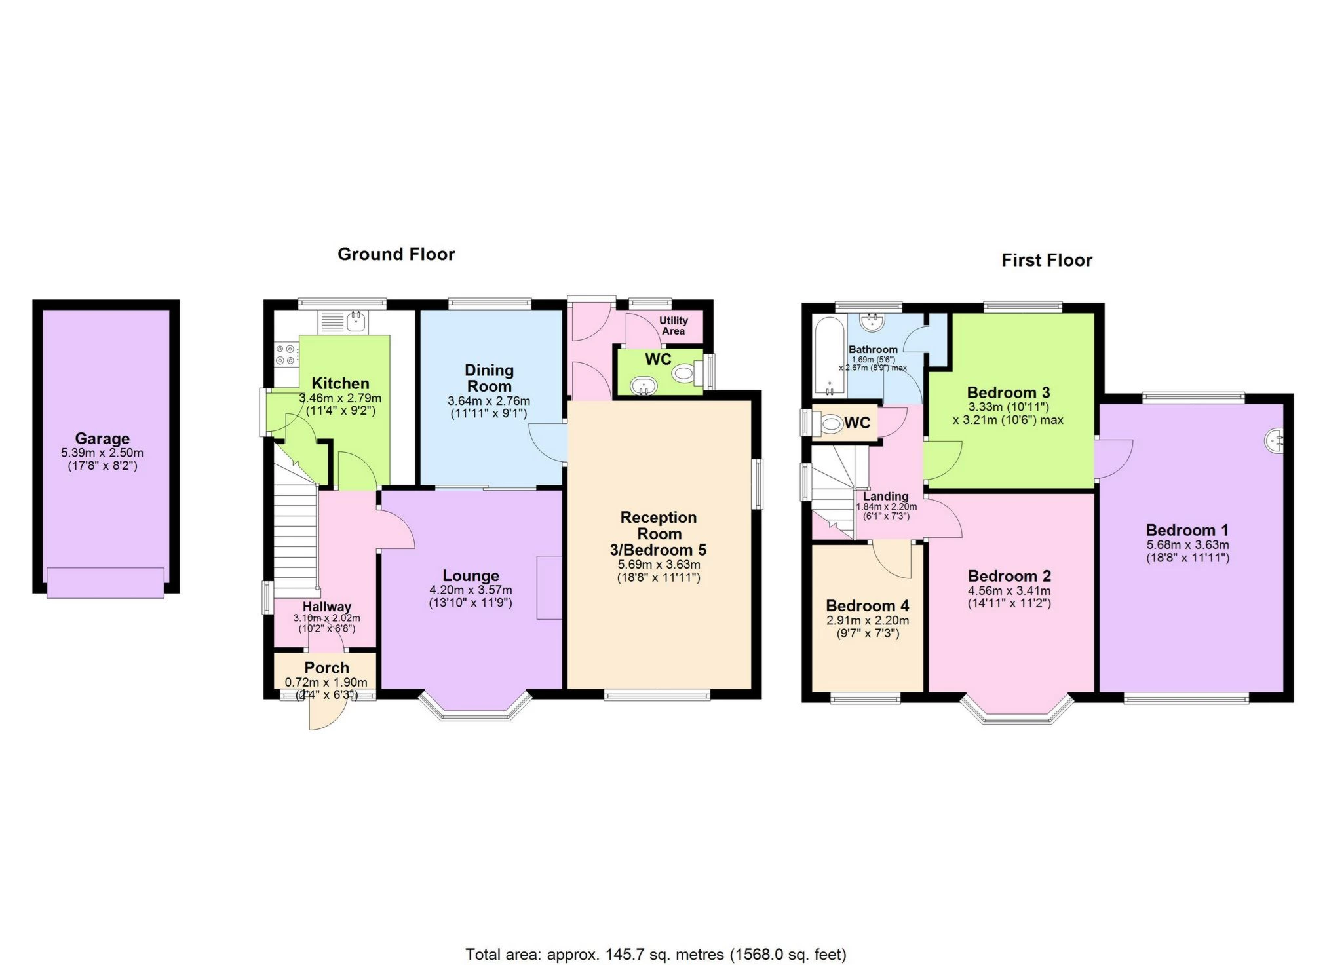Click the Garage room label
click(x=102, y=438)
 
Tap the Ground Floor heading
click(x=396, y=254)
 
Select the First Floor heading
click(x=1047, y=260)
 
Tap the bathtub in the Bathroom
click(x=829, y=357)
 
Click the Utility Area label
click(x=673, y=326)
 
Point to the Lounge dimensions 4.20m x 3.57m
click(x=471, y=590)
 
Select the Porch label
click(x=326, y=668)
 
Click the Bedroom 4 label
click(x=867, y=605)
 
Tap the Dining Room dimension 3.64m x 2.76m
click(x=489, y=401)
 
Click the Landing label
click(x=885, y=496)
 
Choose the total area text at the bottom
click(x=656, y=955)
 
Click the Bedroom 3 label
click(x=1008, y=392)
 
